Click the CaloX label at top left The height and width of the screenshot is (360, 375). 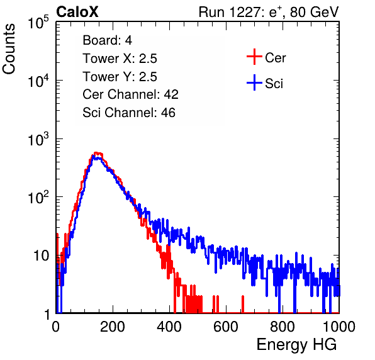77,12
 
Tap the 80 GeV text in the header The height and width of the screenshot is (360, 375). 314,12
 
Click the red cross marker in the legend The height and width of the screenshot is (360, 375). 254,57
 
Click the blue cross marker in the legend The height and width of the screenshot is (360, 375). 254,83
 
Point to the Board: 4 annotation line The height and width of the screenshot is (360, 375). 107,40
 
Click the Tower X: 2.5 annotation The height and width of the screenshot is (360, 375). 120,59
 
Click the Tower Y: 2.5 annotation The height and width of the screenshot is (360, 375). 120,77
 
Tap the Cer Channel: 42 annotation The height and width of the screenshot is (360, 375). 130,94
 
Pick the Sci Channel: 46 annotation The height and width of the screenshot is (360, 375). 129,113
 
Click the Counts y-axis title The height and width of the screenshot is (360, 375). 9,49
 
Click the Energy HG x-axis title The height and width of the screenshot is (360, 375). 296,345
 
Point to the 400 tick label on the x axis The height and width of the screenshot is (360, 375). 169,327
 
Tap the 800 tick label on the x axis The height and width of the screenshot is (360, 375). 283,327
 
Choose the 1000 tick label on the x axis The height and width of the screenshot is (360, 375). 339,327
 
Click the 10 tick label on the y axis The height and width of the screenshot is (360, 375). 42,256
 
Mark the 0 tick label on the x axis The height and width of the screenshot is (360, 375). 56,327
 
